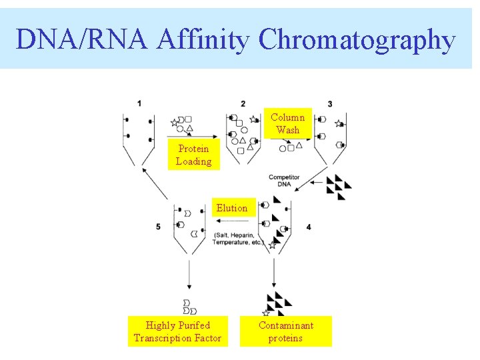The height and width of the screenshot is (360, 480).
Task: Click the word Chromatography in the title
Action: [x=357, y=39]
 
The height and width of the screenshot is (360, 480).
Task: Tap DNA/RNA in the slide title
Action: [x=84, y=39]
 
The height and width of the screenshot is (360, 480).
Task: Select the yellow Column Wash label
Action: [x=287, y=123]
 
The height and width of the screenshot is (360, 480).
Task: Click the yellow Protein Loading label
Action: [x=193, y=155]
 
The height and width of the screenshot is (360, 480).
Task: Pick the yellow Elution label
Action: [x=232, y=208]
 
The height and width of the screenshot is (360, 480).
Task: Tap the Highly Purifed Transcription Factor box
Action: [x=177, y=331]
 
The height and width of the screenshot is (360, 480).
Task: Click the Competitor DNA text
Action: [x=284, y=181]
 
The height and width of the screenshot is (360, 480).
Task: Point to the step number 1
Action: [x=139, y=103]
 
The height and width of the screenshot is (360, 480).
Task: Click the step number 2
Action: [x=243, y=103]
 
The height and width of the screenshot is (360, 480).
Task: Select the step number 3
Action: [x=330, y=104]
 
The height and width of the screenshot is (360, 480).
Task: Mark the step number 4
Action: [x=308, y=227]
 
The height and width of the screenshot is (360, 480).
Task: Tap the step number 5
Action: [x=158, y=227]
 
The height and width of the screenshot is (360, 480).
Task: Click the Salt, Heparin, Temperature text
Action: [x=238, y=239]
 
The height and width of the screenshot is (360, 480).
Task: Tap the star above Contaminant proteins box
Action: [x=266, y=313]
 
